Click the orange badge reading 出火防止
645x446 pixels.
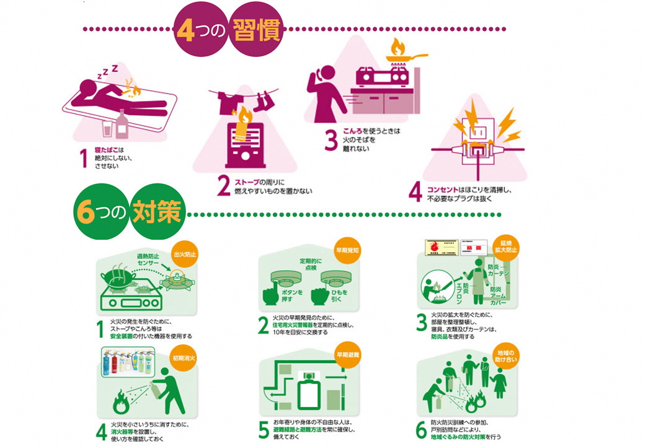[x=184, y=253]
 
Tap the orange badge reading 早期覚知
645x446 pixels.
[x=349, y=251]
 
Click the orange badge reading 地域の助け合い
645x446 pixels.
[x=505, y=357]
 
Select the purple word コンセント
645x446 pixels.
[x=444, y=189]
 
